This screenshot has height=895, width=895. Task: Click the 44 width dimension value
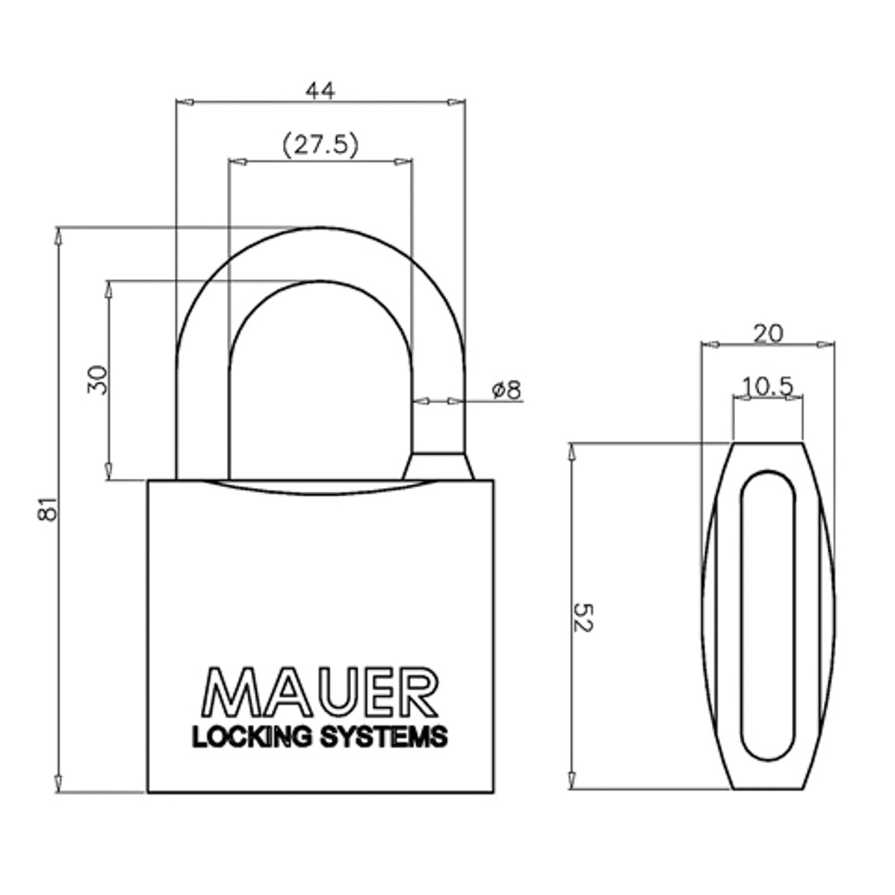pyautogui.click(x=320, y=89)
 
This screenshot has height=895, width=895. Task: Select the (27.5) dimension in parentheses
pyautogui.click(x=320, y=146)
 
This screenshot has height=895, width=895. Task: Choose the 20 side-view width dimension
pyautogui.click(x=768, y=333)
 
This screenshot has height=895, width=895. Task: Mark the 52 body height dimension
pyautogui.click(x=582, y=617)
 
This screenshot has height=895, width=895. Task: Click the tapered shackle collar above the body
pyautogui.click(x=438, y=466)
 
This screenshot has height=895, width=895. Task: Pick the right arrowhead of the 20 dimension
pyautogui.click(x=828, y=344)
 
